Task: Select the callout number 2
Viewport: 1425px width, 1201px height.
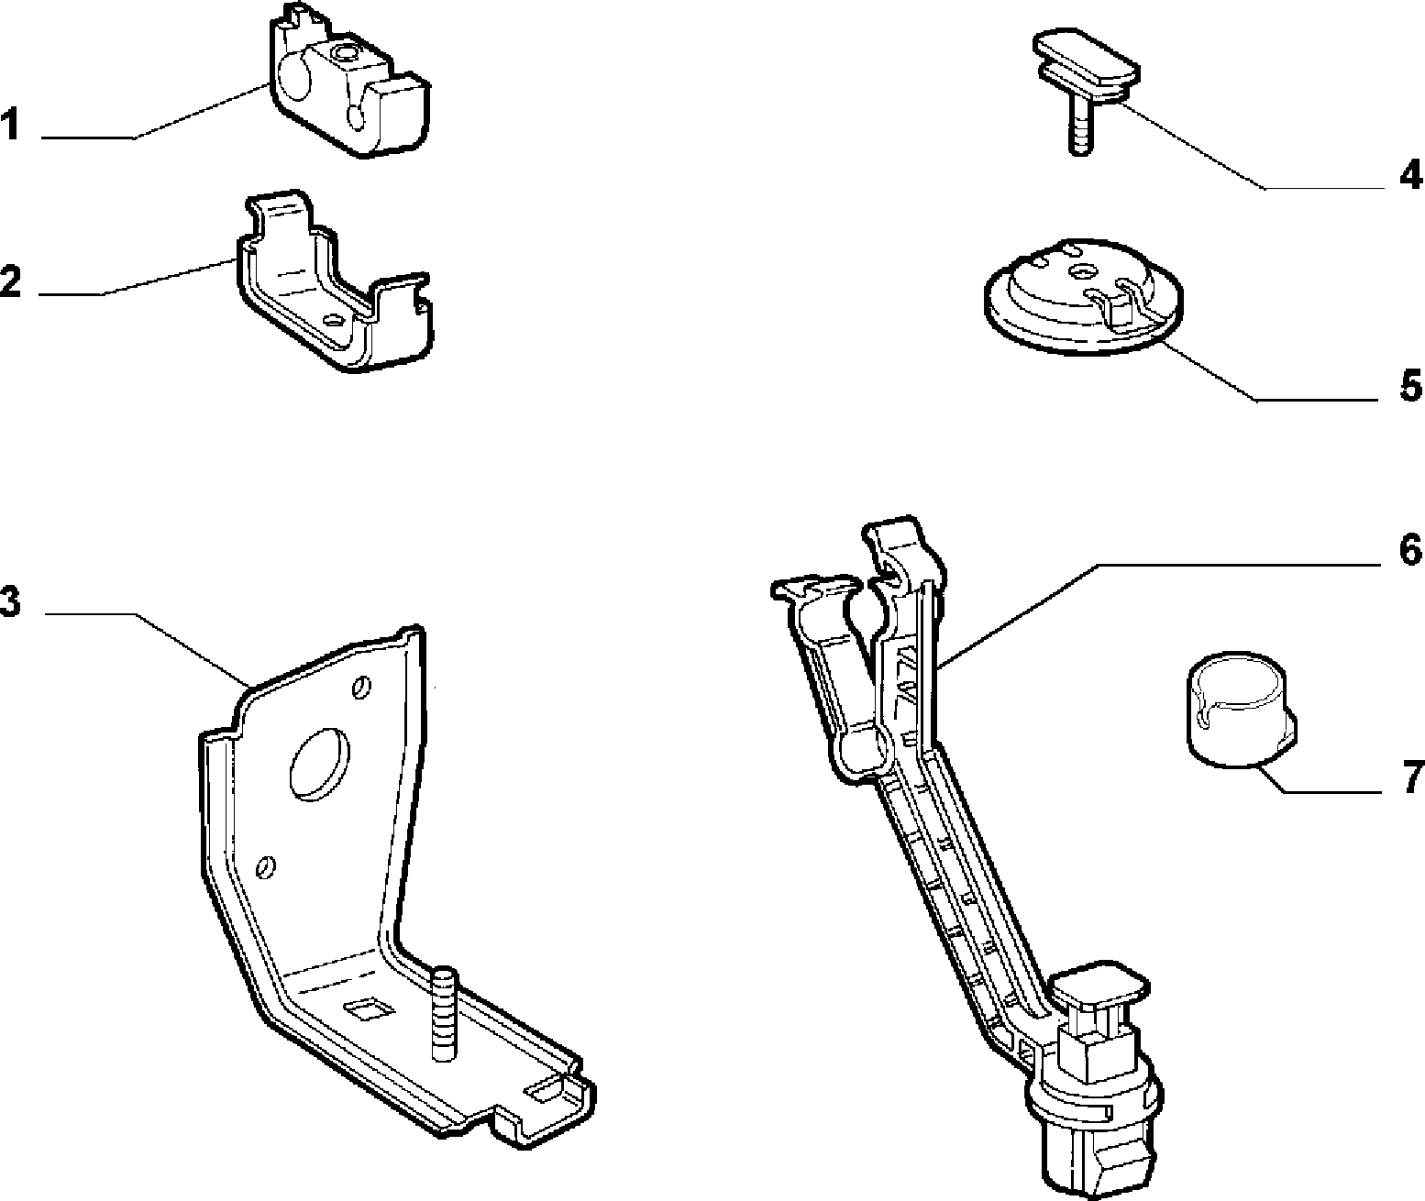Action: point(10,281)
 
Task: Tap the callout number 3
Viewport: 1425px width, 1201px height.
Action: point(10,601)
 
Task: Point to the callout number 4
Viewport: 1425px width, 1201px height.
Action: point(1410,174)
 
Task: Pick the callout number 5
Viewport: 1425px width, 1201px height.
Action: point(1411,386)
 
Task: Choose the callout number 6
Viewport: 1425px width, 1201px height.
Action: point(1411,549)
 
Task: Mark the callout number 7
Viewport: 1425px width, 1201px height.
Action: point(1413,777)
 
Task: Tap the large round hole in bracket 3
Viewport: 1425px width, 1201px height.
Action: point(319,764)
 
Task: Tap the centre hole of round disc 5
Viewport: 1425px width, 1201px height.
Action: point(1081,272)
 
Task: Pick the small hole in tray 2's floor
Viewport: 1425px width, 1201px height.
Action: point(334,319)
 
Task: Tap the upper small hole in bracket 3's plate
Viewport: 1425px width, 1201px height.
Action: point(361,688)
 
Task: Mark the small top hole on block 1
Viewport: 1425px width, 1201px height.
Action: point(342,52)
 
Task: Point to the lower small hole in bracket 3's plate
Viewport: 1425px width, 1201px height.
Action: point(266,867)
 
